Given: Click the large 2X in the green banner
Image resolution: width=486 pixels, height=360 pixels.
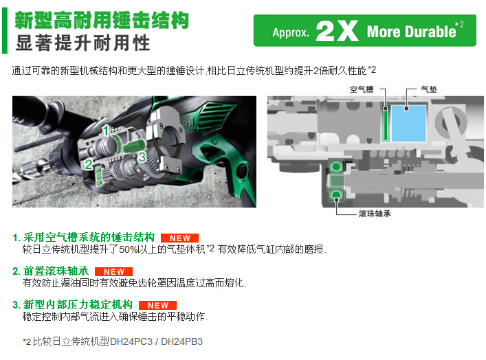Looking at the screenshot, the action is pos(338,31).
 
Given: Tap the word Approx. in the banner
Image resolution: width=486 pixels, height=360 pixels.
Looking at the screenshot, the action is pos(291,32).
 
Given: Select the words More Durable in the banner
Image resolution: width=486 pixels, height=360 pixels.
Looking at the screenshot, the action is pos(411,32).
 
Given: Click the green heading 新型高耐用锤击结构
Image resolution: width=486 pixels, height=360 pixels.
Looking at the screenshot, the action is pos(102,21).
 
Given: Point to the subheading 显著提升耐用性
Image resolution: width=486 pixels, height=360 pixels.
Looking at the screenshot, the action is pos(83,43).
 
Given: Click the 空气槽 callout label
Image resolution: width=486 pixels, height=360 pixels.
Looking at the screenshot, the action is pos(362,89).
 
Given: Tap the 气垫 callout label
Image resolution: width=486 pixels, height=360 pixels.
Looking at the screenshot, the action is pos(429,89).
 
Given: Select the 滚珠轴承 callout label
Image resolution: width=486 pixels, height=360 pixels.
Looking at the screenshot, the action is pos(375,214).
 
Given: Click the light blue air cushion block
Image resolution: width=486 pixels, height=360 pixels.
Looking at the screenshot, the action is pos(408,123).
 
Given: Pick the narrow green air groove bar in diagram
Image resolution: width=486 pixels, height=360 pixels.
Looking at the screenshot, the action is pos(385,124).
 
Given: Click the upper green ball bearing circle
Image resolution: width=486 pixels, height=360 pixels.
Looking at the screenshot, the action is pos(336,167).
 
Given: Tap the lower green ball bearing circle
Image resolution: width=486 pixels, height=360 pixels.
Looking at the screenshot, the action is pos(336,195).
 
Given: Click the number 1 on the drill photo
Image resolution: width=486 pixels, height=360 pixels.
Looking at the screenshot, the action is pos(106,131).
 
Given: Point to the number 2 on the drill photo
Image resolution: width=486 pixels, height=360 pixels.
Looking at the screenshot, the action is pos(89,164).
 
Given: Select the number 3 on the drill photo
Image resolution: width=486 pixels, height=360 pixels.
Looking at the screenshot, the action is pos(142,157).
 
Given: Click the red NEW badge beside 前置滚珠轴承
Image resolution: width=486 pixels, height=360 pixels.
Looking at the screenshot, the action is pos(113,271).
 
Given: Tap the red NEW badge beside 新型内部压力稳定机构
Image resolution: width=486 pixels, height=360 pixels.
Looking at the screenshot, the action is pos(158,306).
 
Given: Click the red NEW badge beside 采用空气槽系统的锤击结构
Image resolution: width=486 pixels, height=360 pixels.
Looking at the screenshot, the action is pos(180,238).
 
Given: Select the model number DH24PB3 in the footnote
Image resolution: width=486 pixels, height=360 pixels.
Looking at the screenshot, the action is pos(181,341).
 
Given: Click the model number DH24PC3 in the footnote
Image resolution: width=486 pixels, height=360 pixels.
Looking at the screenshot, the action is pos(131,341).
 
